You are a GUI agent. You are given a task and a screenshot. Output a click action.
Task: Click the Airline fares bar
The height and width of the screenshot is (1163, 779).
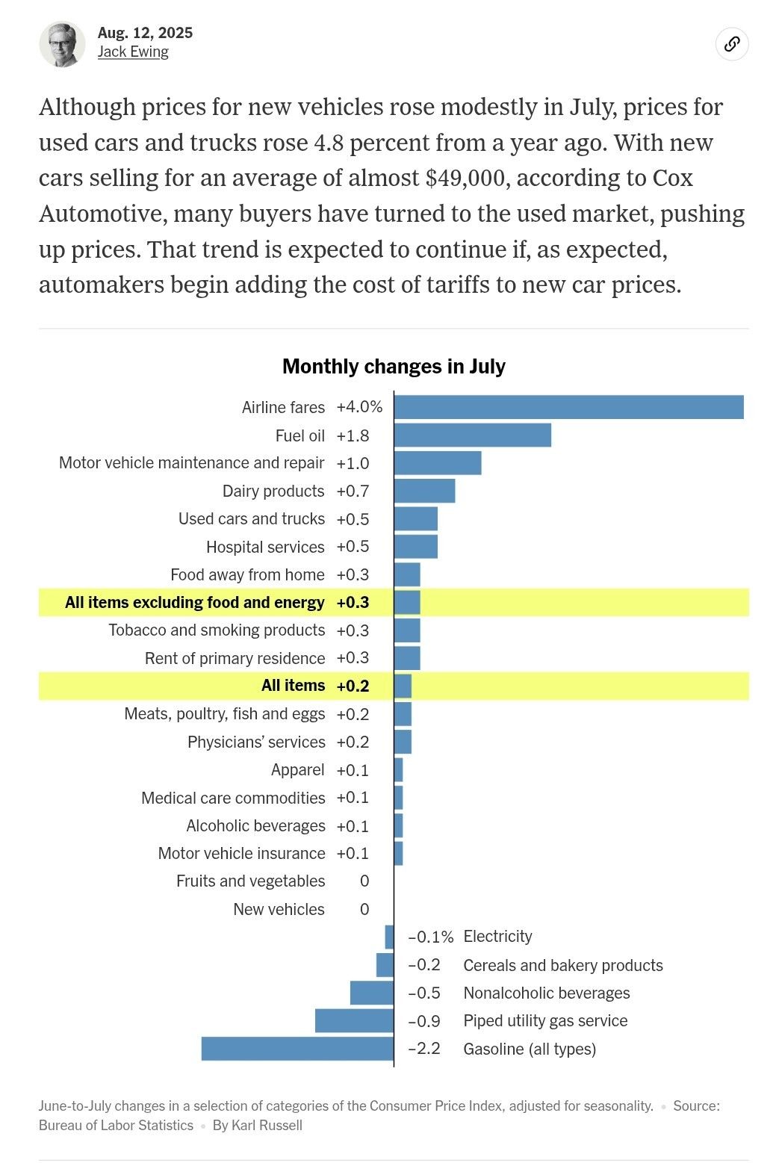568,407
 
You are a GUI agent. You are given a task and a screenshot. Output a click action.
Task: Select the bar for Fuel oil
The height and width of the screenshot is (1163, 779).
472,435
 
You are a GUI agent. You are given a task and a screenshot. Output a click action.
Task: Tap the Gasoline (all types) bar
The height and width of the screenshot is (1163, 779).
297,1049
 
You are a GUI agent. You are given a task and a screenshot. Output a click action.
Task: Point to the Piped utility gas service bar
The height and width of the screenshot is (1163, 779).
354,1021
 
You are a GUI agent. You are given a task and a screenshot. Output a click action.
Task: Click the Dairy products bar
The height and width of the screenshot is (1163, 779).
424,491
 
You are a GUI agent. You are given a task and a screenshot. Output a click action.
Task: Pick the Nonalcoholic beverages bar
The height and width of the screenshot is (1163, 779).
371,993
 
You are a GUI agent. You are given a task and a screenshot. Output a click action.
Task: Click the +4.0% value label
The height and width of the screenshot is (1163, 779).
359,407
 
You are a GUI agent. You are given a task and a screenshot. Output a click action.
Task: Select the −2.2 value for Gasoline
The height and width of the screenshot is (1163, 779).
424,1049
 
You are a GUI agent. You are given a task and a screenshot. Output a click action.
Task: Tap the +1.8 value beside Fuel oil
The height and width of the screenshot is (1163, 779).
353,435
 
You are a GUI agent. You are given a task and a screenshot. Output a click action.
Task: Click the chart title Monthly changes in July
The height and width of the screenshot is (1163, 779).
394,367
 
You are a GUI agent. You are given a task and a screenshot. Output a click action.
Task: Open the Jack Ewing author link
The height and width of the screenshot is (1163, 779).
133,52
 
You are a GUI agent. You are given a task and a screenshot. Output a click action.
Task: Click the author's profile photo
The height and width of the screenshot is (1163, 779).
62,44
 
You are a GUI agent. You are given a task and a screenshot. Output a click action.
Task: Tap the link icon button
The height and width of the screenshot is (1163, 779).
732,44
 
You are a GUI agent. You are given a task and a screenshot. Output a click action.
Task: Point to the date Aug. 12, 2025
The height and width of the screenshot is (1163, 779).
145,33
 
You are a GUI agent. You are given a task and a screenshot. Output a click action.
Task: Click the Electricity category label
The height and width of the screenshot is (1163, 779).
497,937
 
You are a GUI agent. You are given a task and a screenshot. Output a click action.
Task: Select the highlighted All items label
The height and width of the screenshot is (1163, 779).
293,686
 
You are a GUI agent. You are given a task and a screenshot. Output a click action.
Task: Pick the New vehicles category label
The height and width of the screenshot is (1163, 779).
279,909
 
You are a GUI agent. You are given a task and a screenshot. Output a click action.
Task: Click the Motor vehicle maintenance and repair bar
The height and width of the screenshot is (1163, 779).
438,463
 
